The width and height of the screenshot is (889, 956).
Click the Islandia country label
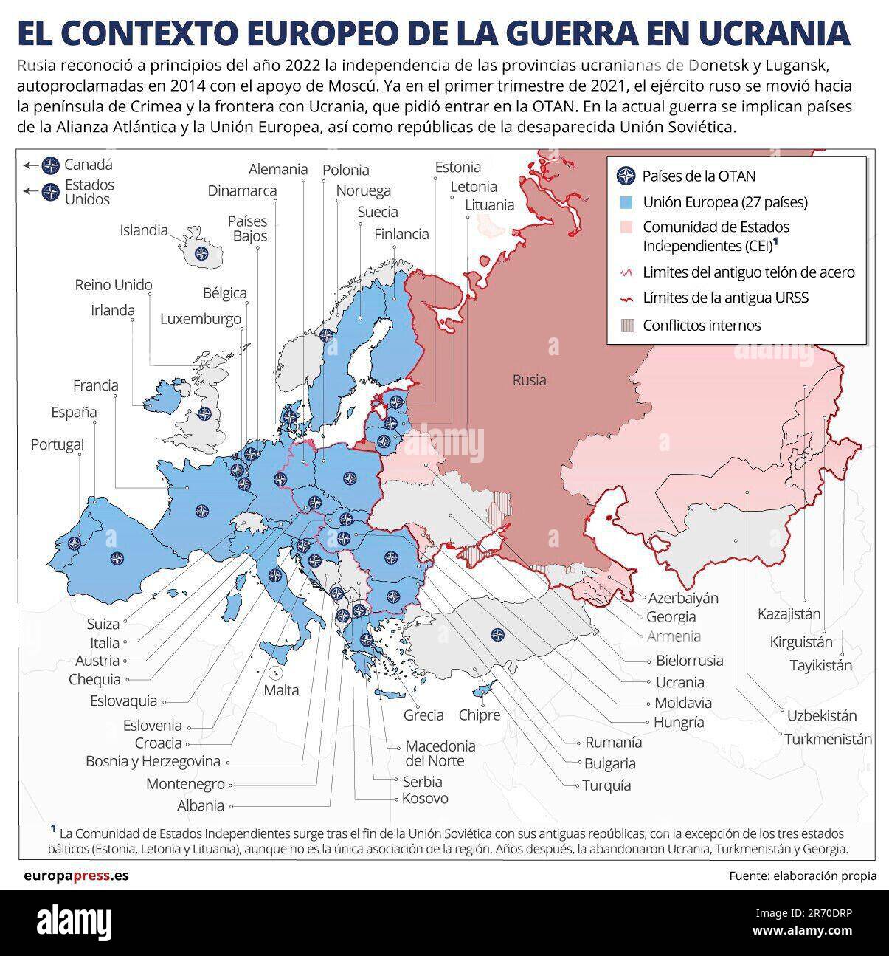pyautogui.click(x=144, y=230)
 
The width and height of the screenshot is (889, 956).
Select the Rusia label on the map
pyautogui.click(x=530, y=380)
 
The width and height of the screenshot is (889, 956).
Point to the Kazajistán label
pyautogui.click(x=789, y=613)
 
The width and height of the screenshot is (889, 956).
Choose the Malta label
pyautogui.click(x=282, y=690)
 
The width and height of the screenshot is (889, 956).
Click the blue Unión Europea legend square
pyautogui.click(x=626, y=202)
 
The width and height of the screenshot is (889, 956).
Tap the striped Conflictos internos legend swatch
pyautogui.click(x=626, y=325)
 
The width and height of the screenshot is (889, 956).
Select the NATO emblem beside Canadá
pyautogui.click(x=50, y=165)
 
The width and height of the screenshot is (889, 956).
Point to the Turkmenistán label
pyautogui.click(x=828, y=739)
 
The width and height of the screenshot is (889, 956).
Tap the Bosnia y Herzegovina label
pyautogui.click(x=153, y=761)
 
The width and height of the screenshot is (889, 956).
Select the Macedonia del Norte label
pyautogui.click(x=440, y=753)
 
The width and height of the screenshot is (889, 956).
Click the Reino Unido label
pyautogui.click(x=114, y=285)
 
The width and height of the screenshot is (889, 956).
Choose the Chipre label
pyautogui.click(x=479, y=715)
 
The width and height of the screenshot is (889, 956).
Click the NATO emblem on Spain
pyautogui.click(x=113, y=559)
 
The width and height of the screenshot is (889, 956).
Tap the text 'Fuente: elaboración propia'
pyautogui.click(x=803, y=876)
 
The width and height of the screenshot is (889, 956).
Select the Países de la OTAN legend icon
pyautogui.click(x=626, y=176)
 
